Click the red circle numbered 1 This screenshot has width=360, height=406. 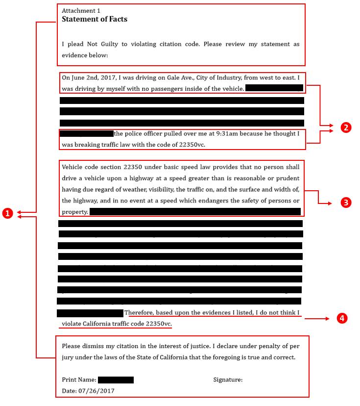[7, 213]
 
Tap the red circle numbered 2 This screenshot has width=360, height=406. [346, 127]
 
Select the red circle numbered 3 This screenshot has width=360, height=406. [346, 202]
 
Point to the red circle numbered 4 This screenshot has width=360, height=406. [342, 318]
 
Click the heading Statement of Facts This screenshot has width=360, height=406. [95, 20]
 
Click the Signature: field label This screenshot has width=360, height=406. [228, 380]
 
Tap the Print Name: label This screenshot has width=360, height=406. [78, 380]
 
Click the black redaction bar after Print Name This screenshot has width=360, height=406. [116, 380]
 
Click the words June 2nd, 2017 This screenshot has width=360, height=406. [91, 77]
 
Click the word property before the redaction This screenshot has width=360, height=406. [74, 212]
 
